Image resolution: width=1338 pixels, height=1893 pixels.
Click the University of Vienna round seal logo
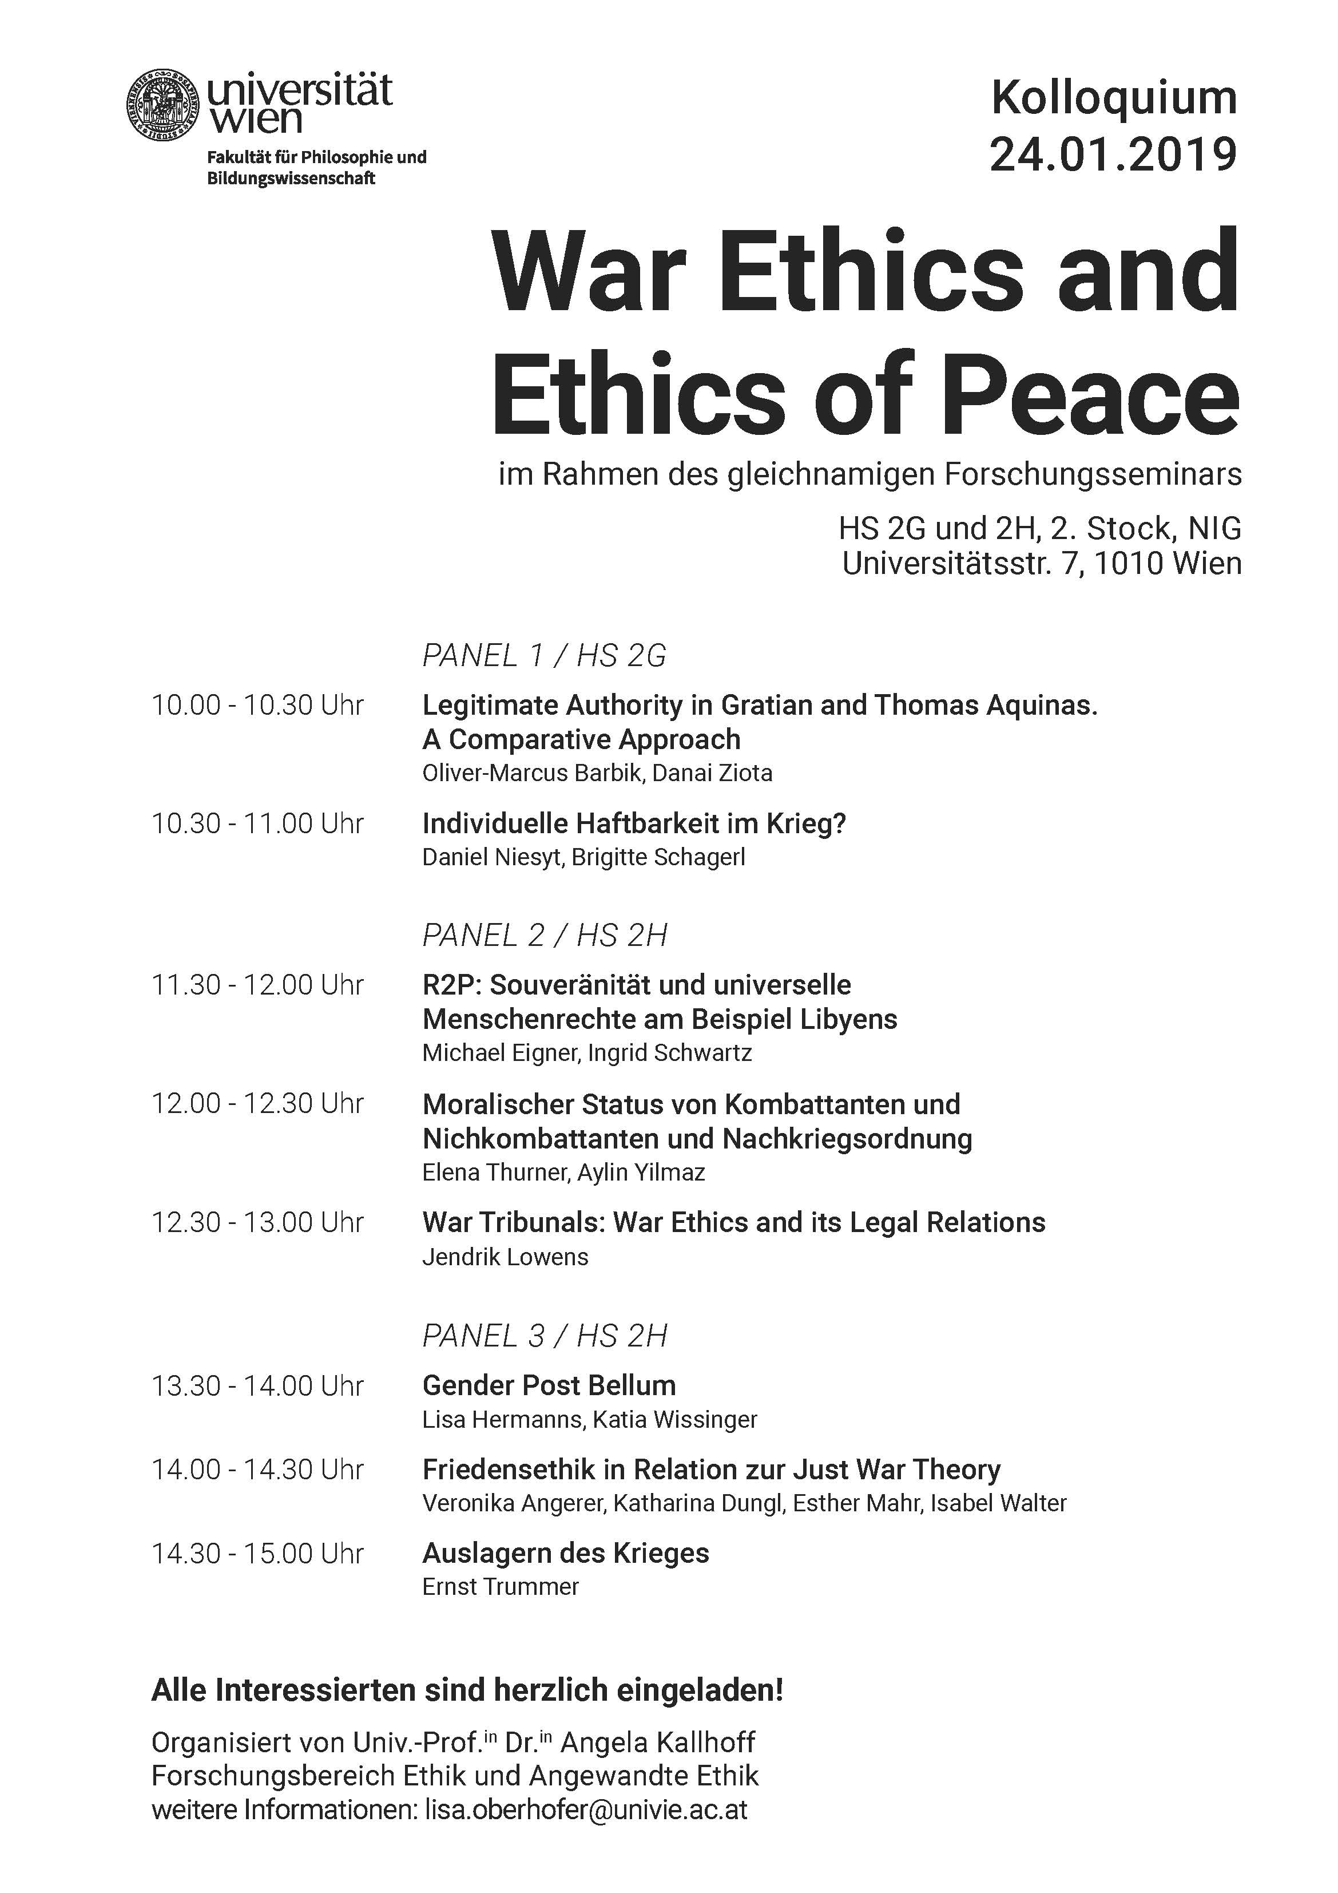[162, 105]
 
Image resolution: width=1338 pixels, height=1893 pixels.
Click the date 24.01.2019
[1113, 154]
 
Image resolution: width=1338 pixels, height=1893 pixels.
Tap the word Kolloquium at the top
[1114, 98]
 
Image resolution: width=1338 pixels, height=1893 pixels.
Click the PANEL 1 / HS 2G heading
[544, 655]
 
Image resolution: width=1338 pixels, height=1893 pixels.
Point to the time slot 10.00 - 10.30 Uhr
[257, 706]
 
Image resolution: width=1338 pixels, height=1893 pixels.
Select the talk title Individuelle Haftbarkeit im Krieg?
[634, 823]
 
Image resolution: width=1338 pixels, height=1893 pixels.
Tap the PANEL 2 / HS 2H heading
[544, 935]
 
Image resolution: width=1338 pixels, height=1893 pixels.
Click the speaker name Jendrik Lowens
[505, 1257]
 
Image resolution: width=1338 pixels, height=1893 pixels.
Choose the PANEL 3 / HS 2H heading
[544, 1336]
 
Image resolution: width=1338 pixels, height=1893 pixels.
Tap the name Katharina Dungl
[697, 1503]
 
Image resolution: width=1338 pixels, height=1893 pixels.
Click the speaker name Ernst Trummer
[501, 1586]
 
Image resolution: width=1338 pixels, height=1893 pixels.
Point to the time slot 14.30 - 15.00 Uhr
[257, 1553]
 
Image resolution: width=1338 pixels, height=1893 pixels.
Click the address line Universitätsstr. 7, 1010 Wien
[1041, 563]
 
